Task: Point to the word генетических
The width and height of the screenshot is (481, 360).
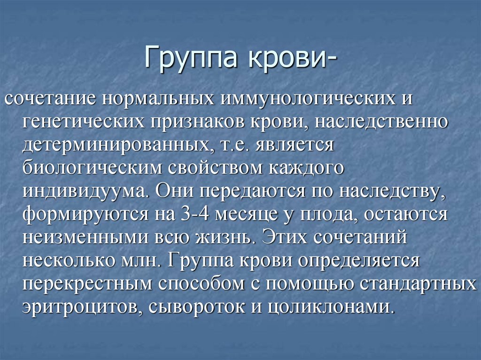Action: click(82, 122)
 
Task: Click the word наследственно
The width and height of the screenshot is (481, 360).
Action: click(380, 122)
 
